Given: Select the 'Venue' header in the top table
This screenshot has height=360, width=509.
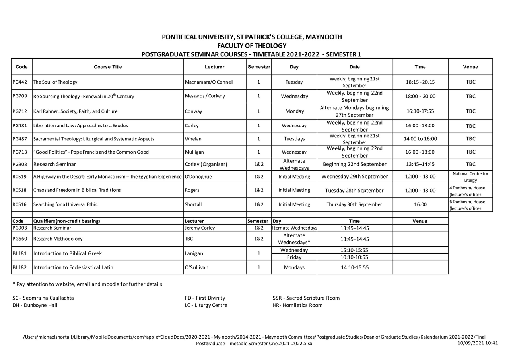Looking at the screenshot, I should (470, 67).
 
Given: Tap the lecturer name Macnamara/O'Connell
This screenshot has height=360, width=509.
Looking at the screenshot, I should (209, 82).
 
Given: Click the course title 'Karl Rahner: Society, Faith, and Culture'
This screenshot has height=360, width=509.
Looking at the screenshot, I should (75, 111).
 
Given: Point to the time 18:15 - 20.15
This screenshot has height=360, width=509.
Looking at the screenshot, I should (420, 82).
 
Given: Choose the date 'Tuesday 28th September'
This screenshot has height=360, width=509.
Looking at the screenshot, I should (354, 190).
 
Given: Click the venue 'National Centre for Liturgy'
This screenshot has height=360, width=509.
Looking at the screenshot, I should (470, 177).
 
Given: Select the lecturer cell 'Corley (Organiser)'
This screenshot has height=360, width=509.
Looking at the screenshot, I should (206, 164).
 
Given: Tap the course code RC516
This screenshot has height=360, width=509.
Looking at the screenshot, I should (19, 204).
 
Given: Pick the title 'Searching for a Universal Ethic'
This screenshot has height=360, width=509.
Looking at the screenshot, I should (66, 204).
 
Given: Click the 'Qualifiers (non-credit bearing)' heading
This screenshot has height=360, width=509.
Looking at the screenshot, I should (67, 221).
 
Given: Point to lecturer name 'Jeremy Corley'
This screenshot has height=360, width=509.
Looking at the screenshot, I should (200, 228).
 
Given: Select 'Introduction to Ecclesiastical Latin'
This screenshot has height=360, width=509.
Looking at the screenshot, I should (73, 267).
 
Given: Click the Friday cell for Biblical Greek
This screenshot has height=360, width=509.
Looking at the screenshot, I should (294, 257).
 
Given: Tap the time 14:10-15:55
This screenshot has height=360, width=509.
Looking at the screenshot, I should (354, 267).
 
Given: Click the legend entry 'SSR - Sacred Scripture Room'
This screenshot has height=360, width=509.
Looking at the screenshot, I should (306, 298).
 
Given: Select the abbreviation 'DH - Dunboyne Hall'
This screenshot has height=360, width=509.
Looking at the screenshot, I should (35, 305).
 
